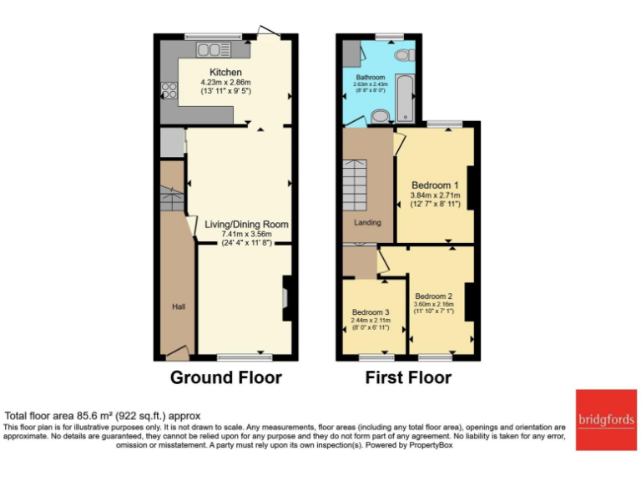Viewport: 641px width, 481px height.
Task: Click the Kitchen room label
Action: tap(225, 72)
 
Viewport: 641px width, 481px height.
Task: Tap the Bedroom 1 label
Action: tap(435, 185)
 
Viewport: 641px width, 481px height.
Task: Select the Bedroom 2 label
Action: tap(434, 296)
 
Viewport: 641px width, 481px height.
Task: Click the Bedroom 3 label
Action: tap(370, 311)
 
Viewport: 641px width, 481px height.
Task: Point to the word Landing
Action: tap(367, 223)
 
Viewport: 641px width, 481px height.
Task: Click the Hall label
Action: tap(178, 307)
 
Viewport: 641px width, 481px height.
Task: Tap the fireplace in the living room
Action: tap(286, 298)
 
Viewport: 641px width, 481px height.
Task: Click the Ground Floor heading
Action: tap(225, 377)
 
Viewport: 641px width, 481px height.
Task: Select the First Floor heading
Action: tap(408, 377)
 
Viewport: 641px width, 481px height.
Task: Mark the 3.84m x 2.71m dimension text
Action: tap(435, 195)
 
